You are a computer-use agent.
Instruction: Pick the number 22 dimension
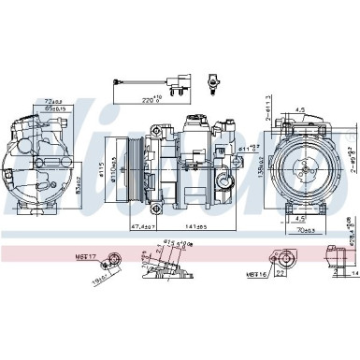click(282, 246)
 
